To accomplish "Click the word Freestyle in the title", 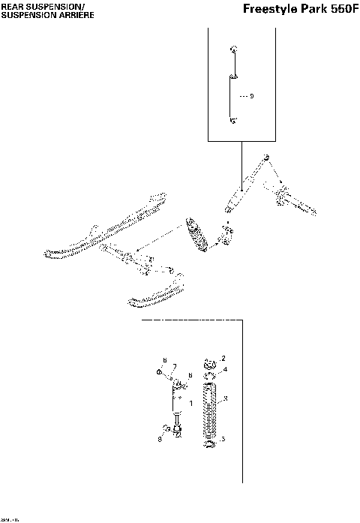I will tap(271, 10).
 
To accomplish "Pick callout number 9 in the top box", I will tap(251, 97).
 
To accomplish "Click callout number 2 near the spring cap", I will tap(223, 359).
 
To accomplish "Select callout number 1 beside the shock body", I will tap(190, 404).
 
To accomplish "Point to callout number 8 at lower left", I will tap(159, 438).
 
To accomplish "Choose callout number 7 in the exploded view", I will tap(174, 367).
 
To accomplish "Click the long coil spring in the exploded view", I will tap(210, 409).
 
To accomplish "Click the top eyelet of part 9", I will tap(235, 50).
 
